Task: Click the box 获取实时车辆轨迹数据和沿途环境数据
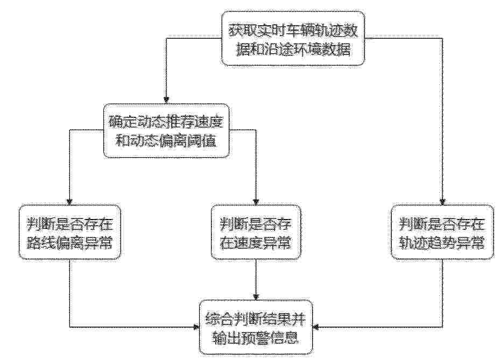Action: pyautogui.click(x=293, y=38)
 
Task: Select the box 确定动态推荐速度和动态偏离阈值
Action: pyautogui.click(x=166, y=130)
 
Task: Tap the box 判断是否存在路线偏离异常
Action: pyautogui.click(x=69, y=231)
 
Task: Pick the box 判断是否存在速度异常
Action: pyautogui.click(x=256, y=231)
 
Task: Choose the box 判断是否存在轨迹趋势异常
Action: pyautogui.click(x=442, y=231)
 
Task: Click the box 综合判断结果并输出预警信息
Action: pyautogui.click(x=256, y=327)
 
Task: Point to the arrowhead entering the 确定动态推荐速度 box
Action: pyautogui.click(x=166, y=100)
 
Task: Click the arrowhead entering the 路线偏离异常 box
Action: pyautogui.click(x=69, y=201)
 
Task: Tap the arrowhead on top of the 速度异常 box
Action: pyautogui.click(x=256, y=201)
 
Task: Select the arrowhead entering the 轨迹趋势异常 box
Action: pyautogui.click(x=442, y=201)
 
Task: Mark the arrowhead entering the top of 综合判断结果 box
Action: pyautogui.click(x=256, y=297)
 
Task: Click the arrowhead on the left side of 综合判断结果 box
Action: pyautogui.click(x=196, y=327)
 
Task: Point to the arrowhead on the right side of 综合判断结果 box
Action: pyautogui.click(x=316, y=327)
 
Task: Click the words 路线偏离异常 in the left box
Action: pyautogui.click(x=69, y=243)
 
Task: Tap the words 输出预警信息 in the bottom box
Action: pyautogui.click(x=256, y=338)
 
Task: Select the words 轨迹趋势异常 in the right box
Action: pyautogui.click(x=442, y=243)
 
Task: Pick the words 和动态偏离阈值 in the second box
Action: pyautogui.click(x=166, y=141)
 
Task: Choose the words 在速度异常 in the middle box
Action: pyautogui.click(x=256, y=243)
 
